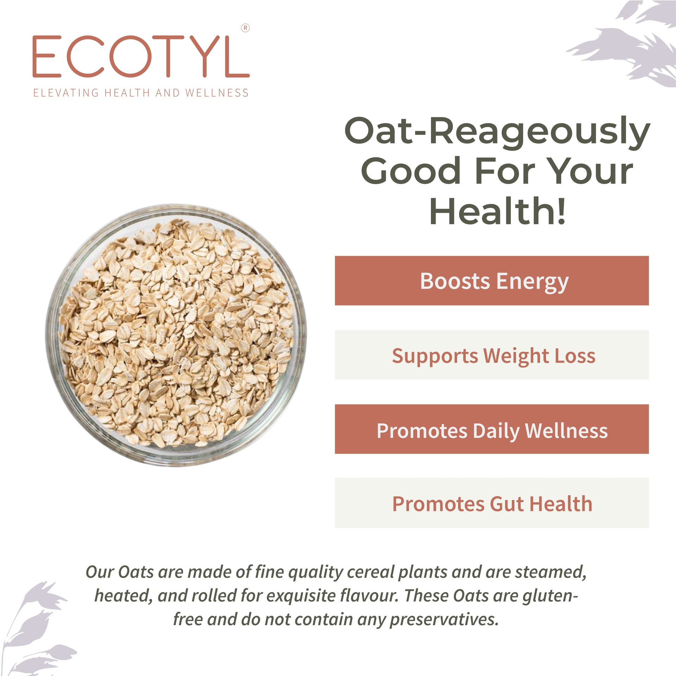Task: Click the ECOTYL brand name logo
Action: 141,56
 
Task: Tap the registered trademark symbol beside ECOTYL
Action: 245,28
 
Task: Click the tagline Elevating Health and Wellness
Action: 141,93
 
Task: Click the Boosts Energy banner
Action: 492,281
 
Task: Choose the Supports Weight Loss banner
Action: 492,355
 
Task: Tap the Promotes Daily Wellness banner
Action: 492,429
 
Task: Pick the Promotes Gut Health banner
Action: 492,503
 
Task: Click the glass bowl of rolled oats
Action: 176,335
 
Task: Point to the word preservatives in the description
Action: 445,620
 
